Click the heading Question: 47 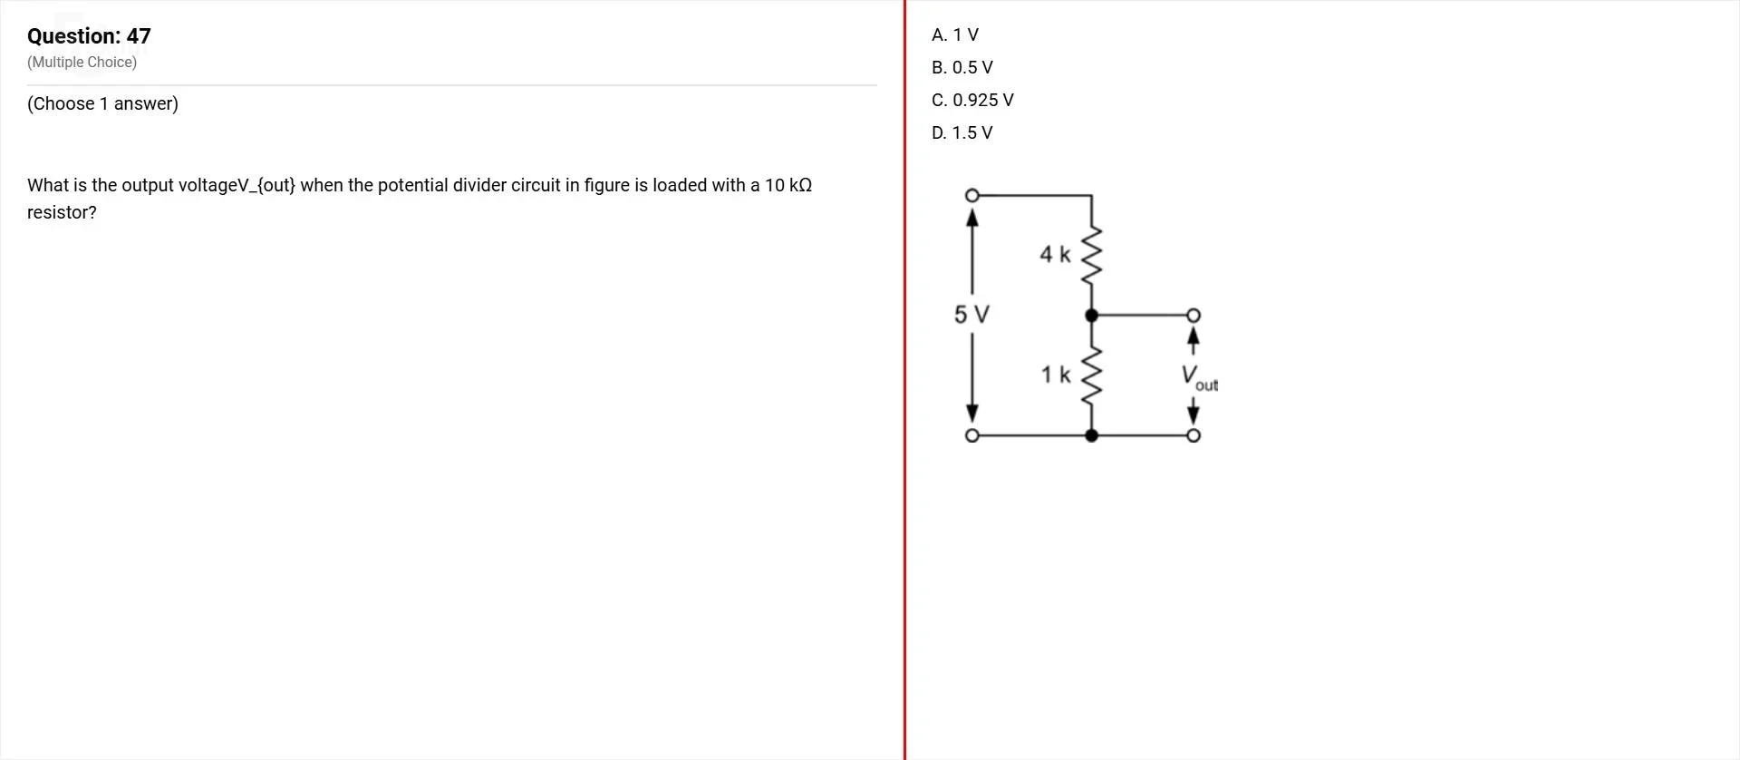89,36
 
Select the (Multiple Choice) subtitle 82,63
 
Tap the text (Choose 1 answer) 102,104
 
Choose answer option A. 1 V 955,35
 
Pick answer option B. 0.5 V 962,68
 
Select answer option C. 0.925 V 972,101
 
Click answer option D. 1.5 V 962,133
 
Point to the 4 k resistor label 1055,255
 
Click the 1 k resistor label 1055,375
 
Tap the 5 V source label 971,315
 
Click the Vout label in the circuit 1199,377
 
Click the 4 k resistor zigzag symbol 1092,254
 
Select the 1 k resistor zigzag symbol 1092,375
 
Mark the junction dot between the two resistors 1092,316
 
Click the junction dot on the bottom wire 1092,435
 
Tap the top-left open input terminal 971,195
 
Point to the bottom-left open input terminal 971,435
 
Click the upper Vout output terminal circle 1194,316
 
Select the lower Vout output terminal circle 1194,435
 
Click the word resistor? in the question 62,213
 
